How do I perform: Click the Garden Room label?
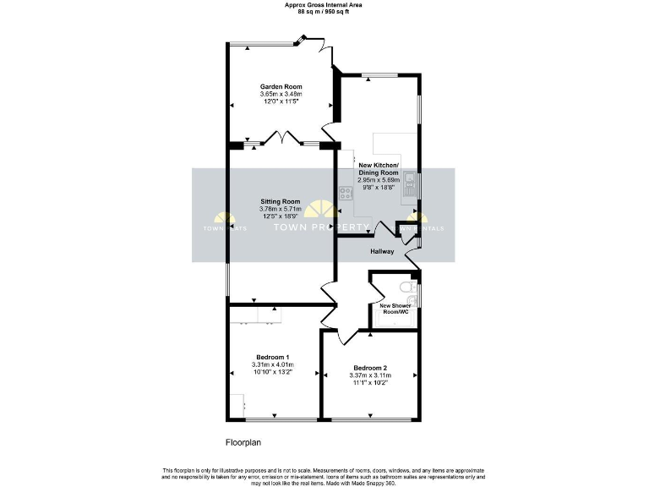click(280, 86)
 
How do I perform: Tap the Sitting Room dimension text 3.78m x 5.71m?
click(280, 211)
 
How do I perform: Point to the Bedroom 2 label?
click(370, 368)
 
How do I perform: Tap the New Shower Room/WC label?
click(394, 309)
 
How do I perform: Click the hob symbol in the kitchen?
click(346, 194)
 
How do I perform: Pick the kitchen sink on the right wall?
click(410, 183)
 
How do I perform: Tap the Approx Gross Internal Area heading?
click(324, 5)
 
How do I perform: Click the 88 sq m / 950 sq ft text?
click(324, 13)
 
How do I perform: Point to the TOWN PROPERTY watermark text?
click(324, 228)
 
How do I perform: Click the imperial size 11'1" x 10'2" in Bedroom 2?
click(370, 383)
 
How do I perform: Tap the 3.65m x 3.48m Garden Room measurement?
click(280, 94)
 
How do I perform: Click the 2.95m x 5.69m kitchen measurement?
click(378, 180)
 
